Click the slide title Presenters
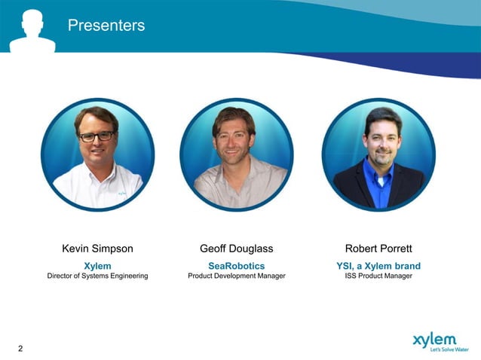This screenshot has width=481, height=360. (106, 26)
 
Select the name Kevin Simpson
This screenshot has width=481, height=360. (97, 249)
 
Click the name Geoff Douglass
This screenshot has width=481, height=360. (236, 249)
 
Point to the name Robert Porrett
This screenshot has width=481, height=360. (378, 249)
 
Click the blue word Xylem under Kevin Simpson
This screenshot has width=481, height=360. (97, 266)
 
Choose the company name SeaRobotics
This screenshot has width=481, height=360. (236, 266)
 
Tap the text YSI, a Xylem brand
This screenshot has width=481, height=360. (378, 266)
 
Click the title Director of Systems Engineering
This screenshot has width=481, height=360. (97, 276)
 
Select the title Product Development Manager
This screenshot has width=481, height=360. (236, 276)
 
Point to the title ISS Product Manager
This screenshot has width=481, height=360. (378, 276)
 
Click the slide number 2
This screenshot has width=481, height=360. (20, 348)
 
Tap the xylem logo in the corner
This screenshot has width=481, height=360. (434, 340)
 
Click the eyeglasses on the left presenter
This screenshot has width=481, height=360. (97, 136)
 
